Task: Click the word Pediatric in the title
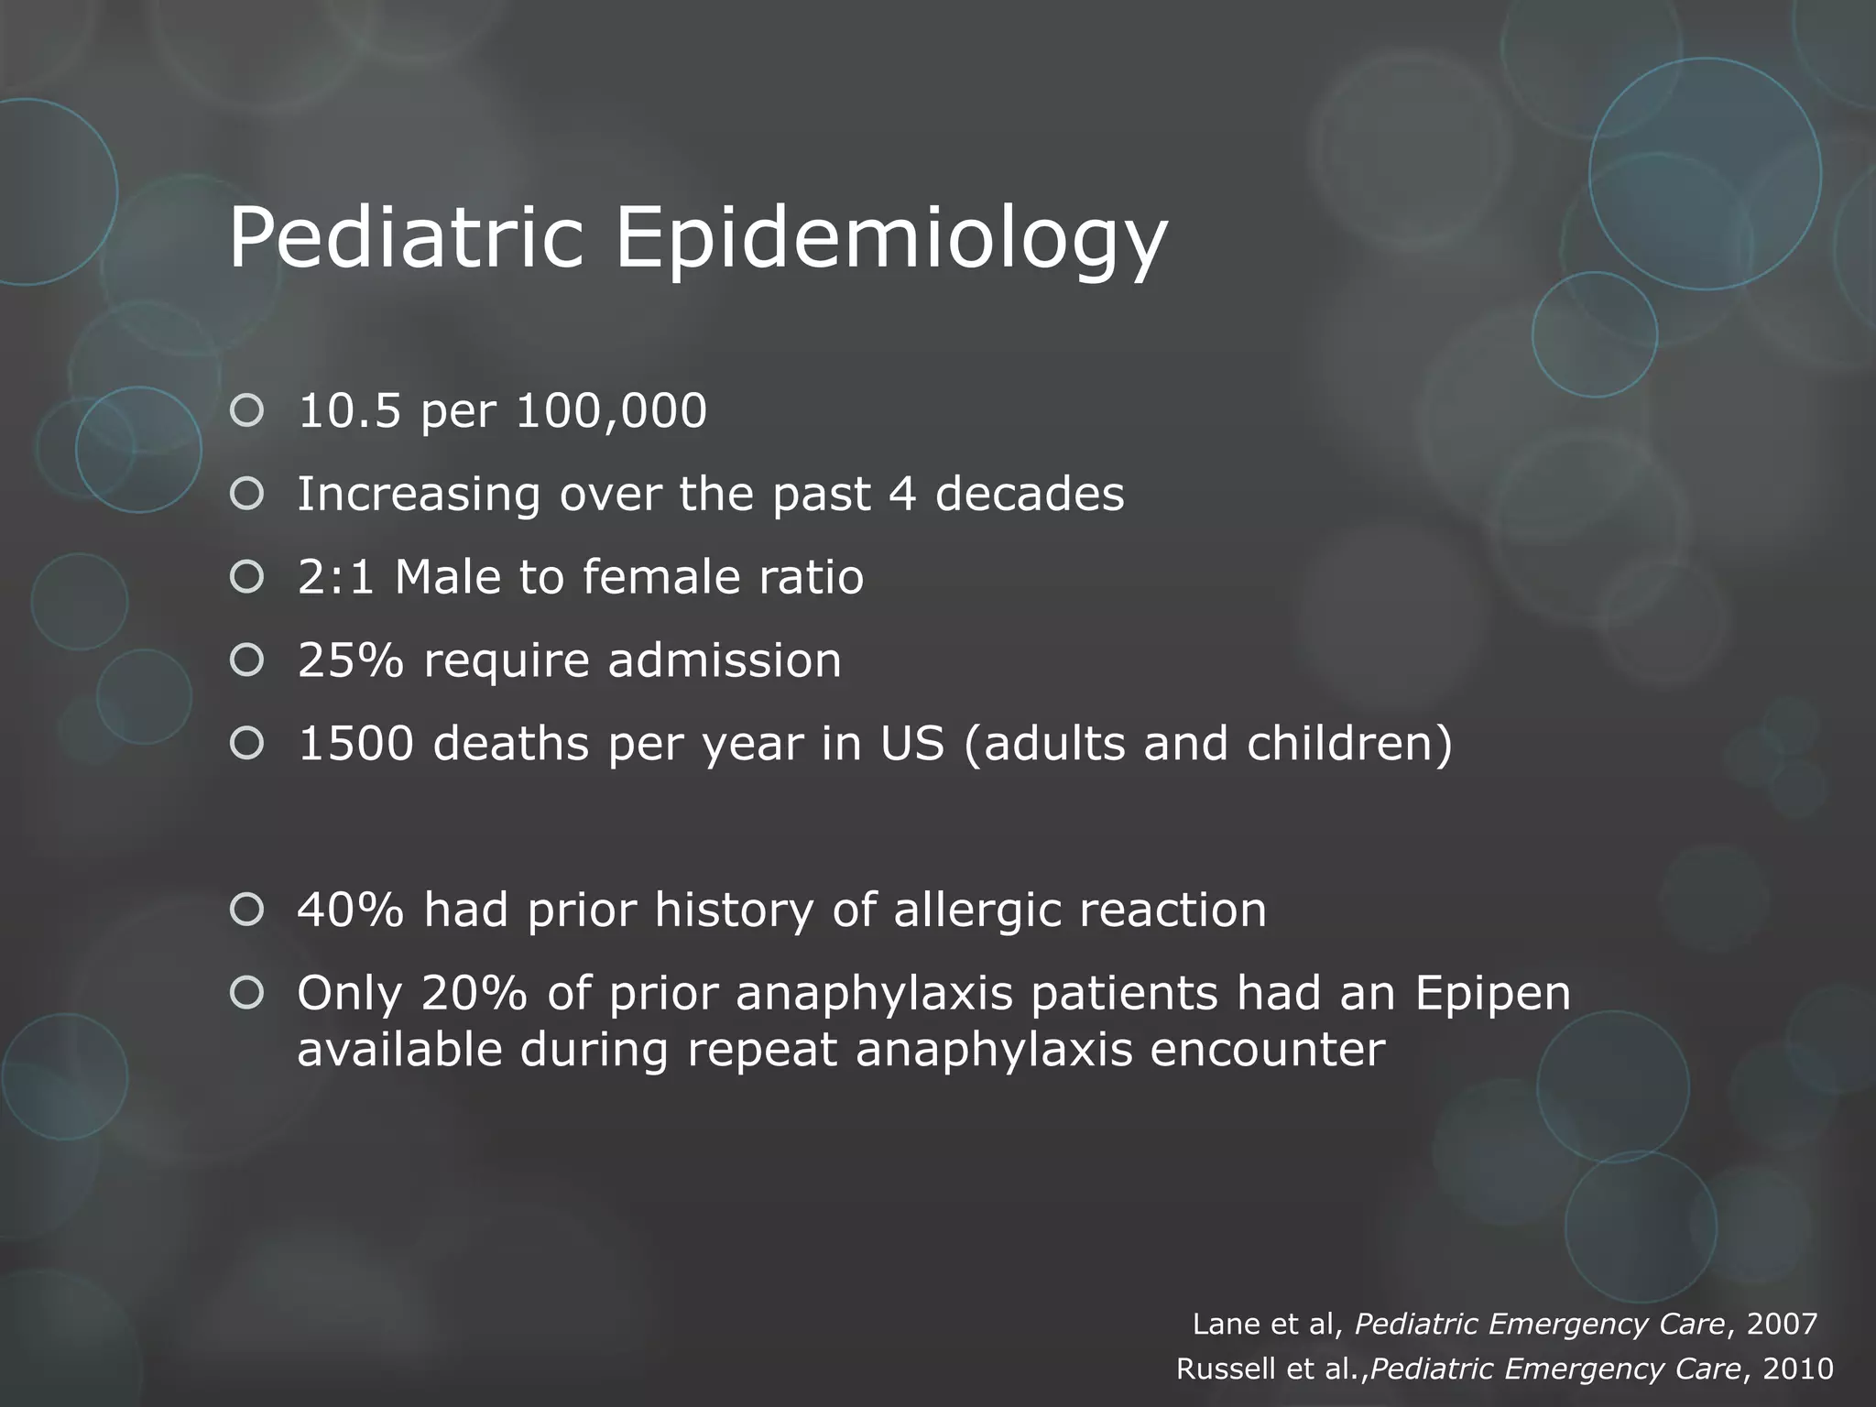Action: [406, 238]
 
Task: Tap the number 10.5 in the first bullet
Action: [349, 410]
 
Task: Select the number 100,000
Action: [611, 412]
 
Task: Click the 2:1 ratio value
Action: [335, 577]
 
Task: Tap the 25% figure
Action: [350, 660]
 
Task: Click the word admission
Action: [725, 660]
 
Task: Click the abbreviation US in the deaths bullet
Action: [911, 743]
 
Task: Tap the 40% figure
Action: [350, 910]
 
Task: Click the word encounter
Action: [1267, 1050]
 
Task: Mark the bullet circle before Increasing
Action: [247, 495]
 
